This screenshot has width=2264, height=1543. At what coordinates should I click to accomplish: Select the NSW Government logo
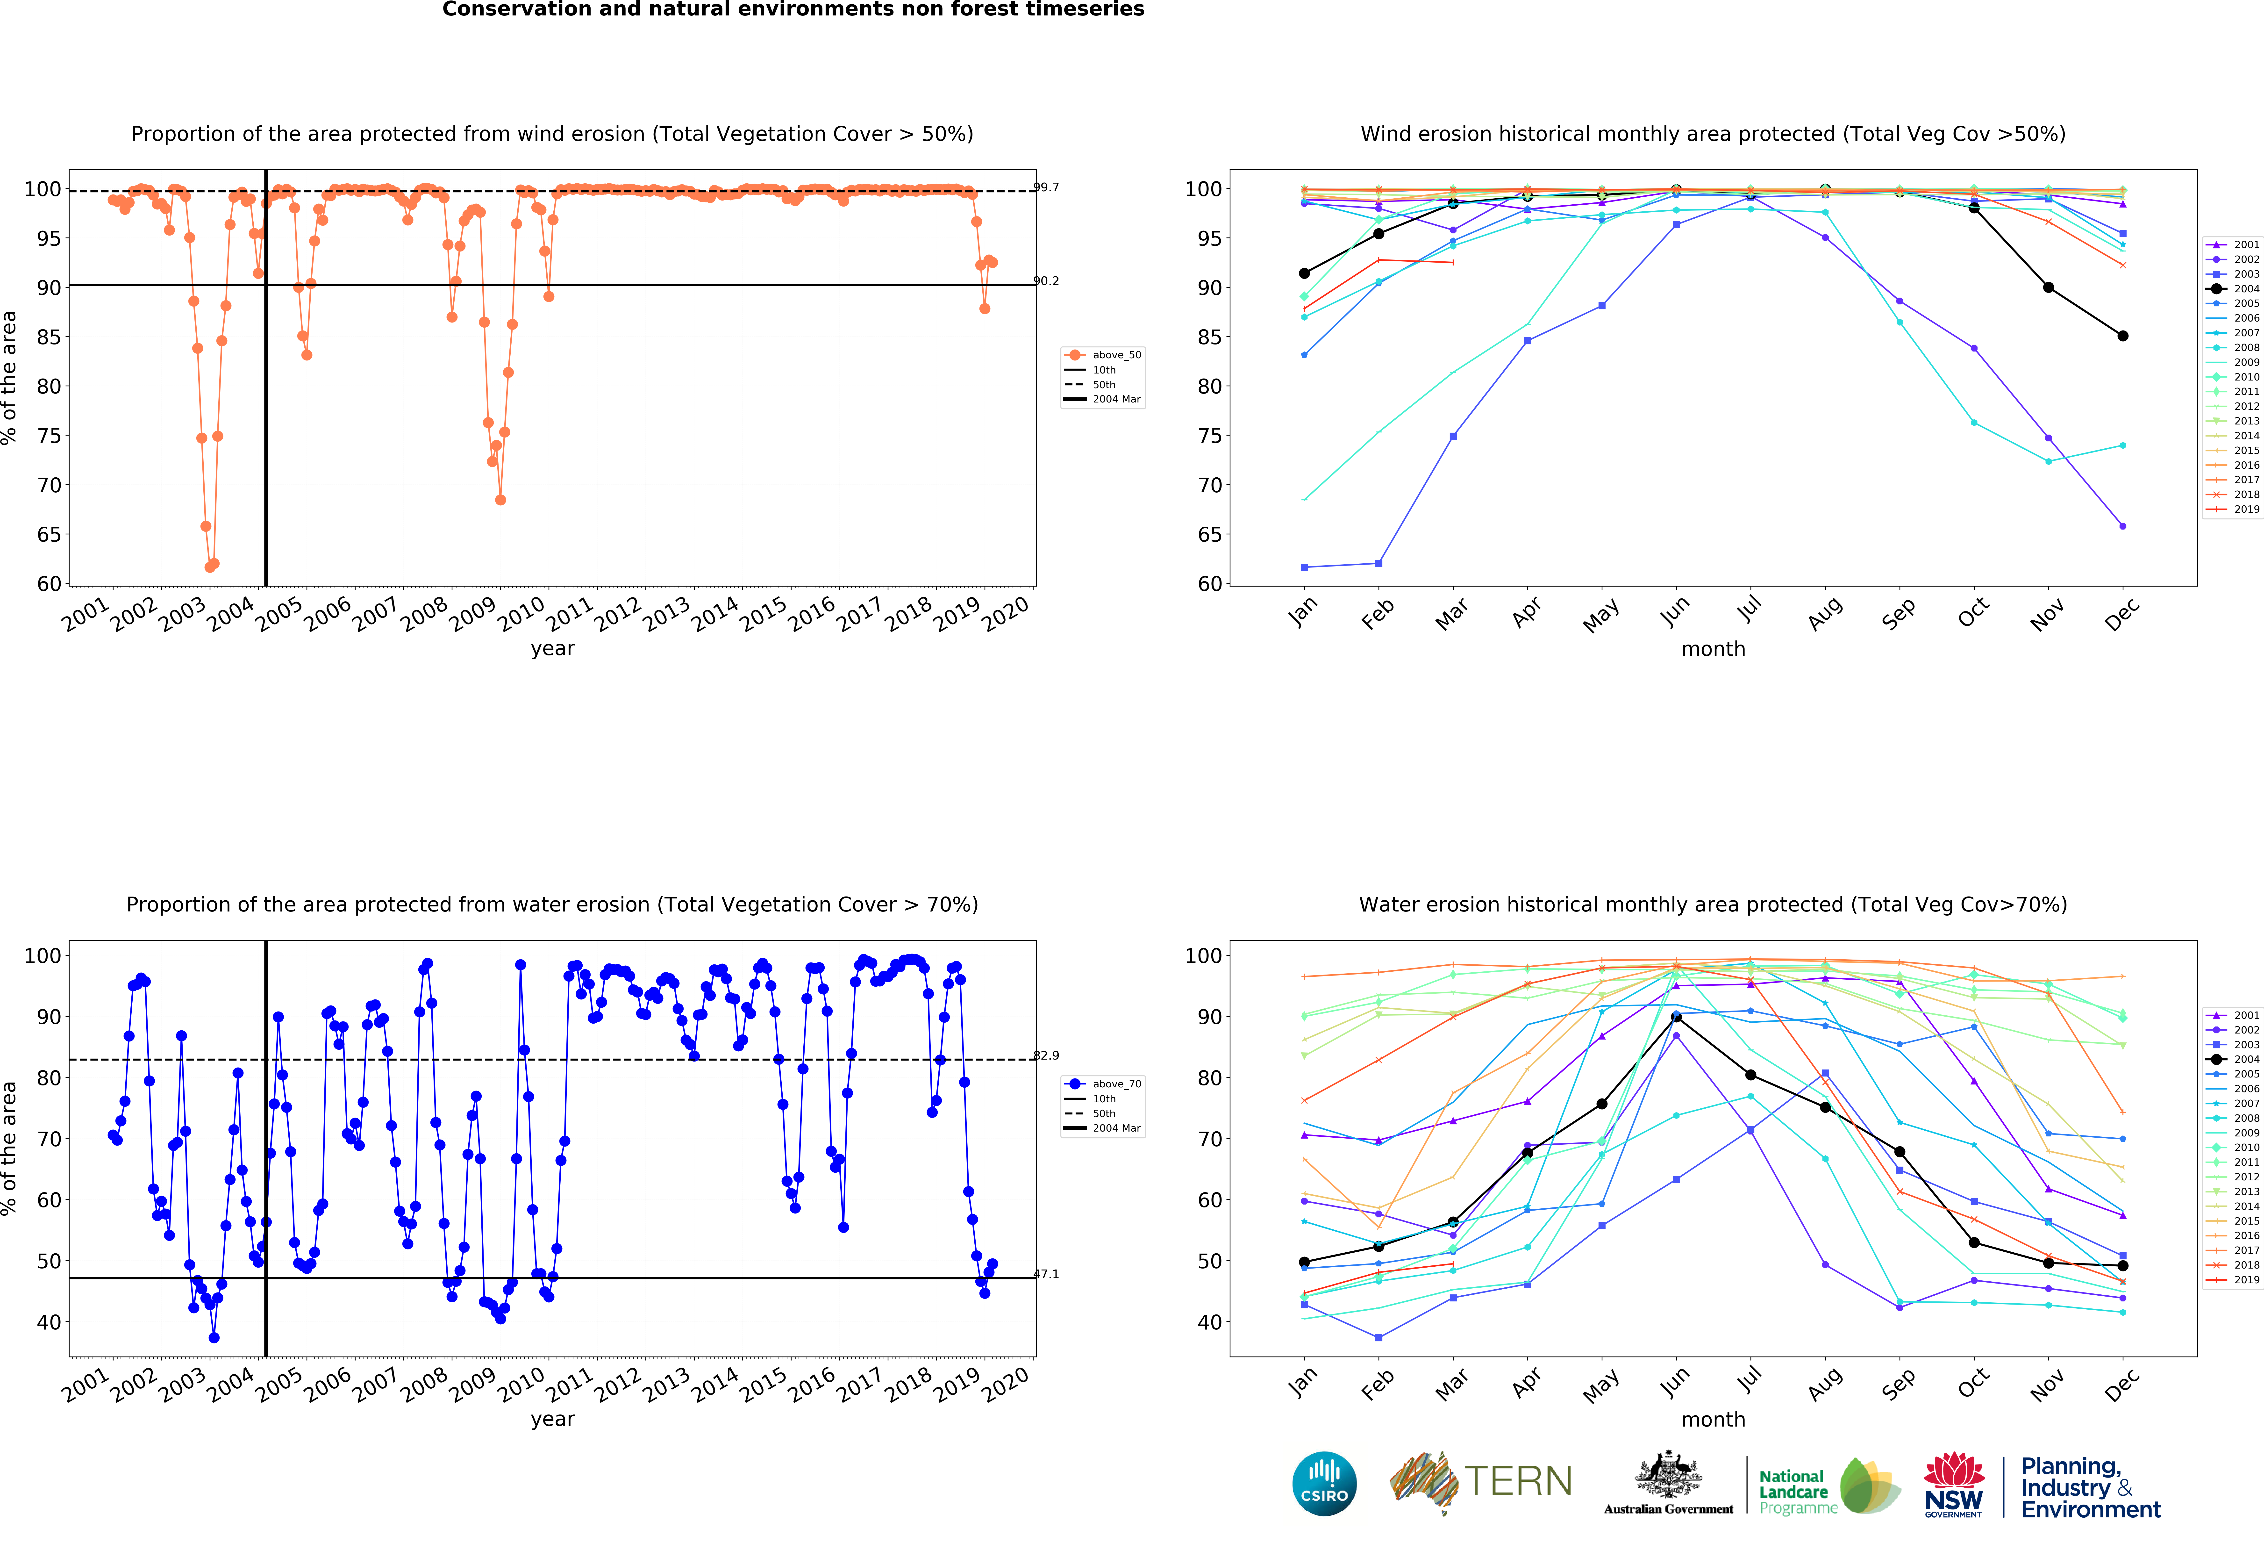pyautogui.click(x=1953, y=1485)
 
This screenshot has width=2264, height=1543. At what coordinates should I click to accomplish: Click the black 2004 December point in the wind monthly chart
pyautogui.click(x=2123, y=336)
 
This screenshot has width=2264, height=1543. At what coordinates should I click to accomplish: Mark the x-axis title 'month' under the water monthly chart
pyautogui.click(x=1713, y=1419)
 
